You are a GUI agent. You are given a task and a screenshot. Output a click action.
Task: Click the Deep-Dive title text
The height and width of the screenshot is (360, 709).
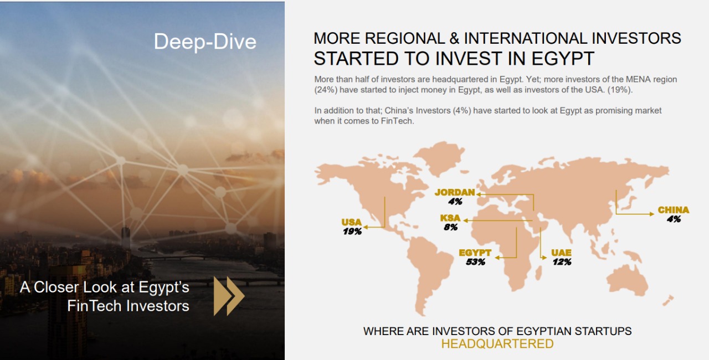(205, 42)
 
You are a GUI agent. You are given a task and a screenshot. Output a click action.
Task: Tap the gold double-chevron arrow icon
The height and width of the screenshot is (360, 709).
(229, 296)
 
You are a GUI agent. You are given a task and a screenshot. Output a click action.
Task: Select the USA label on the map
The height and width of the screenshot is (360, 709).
(351, 222)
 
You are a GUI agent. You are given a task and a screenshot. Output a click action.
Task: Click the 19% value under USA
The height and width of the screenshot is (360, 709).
(352, 232)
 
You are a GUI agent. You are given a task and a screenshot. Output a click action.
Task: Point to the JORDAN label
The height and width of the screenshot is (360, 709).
(455, 192)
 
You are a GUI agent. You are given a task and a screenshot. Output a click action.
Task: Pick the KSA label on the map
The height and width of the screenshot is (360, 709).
(450, 218)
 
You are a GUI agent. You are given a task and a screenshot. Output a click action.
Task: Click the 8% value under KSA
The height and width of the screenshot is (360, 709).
(451, 227)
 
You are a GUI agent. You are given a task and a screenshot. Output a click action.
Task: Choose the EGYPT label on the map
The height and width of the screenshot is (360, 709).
(475, 253)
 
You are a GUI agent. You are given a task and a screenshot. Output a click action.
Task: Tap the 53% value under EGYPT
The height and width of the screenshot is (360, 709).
(475, 262)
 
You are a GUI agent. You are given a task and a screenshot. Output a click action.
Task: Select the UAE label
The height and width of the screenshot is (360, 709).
(561, 253)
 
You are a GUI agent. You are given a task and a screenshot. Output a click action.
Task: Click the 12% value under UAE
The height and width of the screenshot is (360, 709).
(562, 262)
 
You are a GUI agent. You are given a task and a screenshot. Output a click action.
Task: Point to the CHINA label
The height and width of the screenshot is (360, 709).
(673, 210)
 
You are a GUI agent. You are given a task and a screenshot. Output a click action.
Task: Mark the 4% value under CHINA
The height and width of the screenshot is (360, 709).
(674, 219)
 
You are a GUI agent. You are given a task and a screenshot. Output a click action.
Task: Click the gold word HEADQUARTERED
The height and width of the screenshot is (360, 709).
(497, 343)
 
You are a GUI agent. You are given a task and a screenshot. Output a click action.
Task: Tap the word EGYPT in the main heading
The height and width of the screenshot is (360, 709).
(562, 59)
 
